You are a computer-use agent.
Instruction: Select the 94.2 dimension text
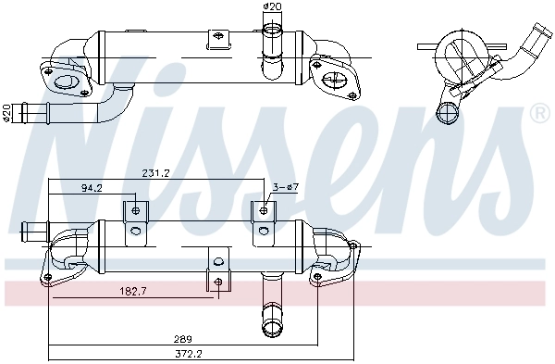92,188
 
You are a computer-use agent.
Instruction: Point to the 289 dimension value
184,339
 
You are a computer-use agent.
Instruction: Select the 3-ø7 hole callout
285,188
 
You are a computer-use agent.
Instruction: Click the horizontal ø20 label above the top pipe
272,8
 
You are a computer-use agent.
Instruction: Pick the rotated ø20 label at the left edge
8,112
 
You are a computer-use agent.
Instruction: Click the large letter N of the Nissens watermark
83,139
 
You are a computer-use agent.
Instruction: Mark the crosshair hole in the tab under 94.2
136,211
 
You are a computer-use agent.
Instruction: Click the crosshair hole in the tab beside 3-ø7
265,211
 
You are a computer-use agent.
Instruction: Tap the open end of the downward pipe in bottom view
273,326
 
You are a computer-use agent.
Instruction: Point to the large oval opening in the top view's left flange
68,86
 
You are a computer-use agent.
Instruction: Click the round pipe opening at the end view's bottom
450,114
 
